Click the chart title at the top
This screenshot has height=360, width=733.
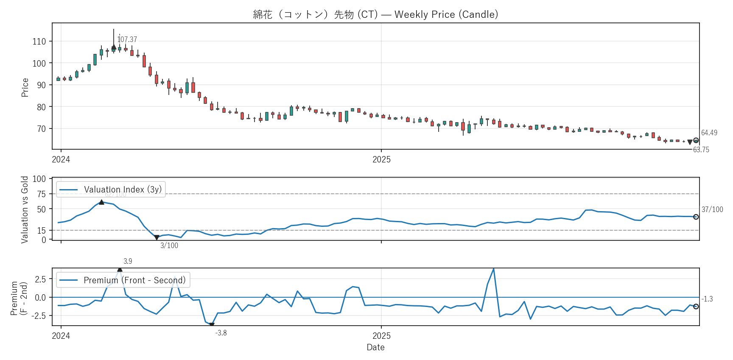(x=375, y=14)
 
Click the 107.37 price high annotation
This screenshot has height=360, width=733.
(x=127, y=39)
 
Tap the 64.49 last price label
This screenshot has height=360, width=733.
(x=709, y=133)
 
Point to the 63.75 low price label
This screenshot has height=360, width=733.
(x=701, y=150)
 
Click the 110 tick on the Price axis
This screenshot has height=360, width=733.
(x=39, y=42)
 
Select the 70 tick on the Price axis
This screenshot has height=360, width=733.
(x=41, y=129)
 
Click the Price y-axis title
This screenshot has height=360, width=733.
(x=25, y=87)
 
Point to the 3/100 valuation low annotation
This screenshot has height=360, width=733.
(x=169, y=246)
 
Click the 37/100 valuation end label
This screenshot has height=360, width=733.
(x=712, y=209)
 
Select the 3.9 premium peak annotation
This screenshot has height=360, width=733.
(x=128, y=261)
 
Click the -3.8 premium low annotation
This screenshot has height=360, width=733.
(x=221, y=333)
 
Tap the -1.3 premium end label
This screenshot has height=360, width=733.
(x=707, y=299)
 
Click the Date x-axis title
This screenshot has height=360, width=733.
(x=375, y=347)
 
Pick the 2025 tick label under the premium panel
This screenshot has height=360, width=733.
(x=381, y=336)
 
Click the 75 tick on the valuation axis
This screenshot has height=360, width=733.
(x=41, y=194)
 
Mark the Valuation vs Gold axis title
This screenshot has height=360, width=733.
(x=25, y=209)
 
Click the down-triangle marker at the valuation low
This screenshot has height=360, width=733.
(x=157, y=238)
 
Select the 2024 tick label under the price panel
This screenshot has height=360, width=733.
(x=61, y=159)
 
